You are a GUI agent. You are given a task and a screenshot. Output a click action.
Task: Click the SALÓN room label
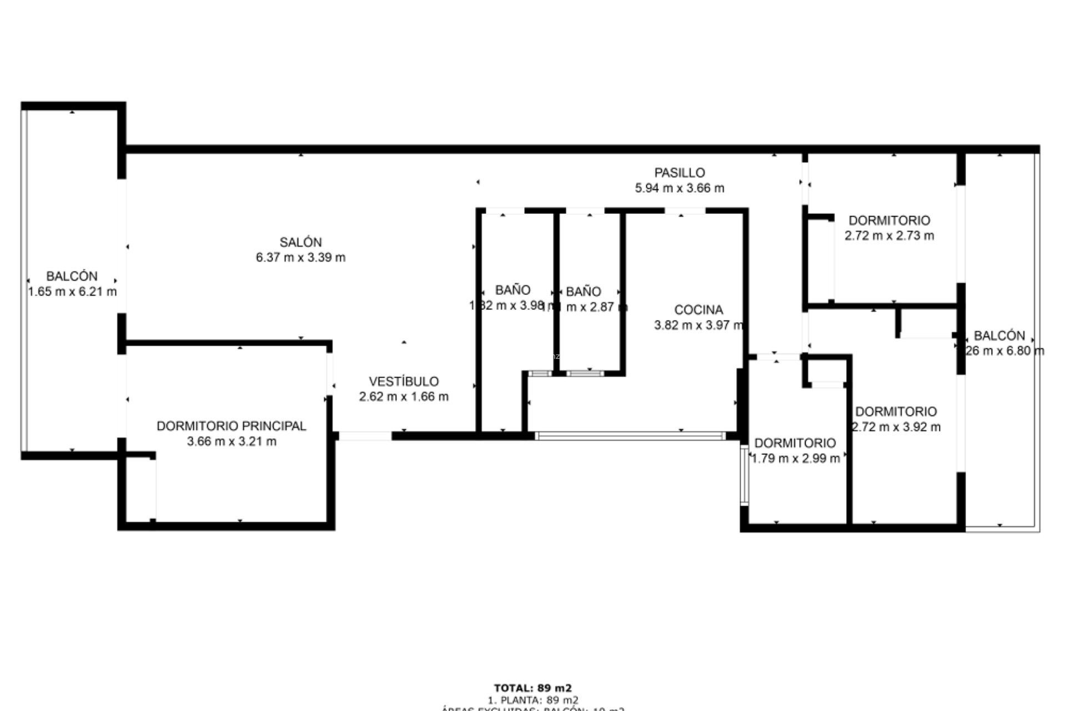click(300, 242)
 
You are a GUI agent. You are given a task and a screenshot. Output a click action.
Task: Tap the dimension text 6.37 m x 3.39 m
click(300, 258)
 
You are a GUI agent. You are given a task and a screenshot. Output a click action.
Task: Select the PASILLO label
click(679, 173)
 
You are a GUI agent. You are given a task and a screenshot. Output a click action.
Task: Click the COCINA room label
click(698, 310)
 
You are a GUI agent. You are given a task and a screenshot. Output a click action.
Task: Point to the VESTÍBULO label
click(404, 382)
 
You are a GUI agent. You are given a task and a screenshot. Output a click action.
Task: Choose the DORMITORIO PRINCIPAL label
click(231, 426)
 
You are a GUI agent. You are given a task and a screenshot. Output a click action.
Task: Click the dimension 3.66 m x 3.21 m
click(232, 442)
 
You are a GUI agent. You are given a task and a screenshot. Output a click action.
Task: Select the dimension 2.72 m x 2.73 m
click(889, 236)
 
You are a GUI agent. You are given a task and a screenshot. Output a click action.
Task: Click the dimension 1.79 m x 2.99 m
click(795, 459)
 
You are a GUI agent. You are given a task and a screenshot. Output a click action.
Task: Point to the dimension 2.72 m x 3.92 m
click(896, 427)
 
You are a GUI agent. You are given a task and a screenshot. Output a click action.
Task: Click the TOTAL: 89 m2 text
click(532, 688)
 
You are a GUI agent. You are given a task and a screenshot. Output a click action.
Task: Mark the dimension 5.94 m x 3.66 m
click(679, 188)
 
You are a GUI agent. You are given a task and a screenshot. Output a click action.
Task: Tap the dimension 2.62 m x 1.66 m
click(404, 397)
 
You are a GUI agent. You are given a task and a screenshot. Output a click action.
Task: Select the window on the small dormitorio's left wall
click(745, 475)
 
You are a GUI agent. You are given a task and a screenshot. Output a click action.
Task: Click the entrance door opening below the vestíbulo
click(365, 437)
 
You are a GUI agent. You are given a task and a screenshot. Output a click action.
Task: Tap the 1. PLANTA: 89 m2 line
click(532, 700)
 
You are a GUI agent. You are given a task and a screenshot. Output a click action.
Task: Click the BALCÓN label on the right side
click(999, 336)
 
